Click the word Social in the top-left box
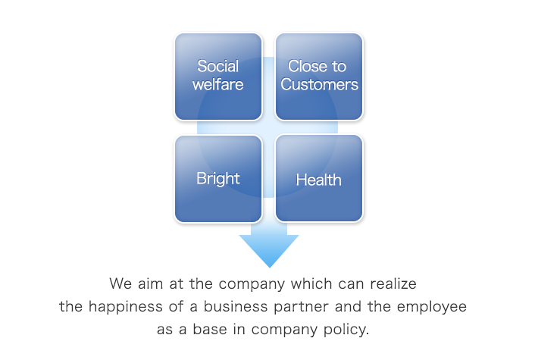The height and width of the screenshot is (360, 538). click(218, 66)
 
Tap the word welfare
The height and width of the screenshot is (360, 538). click(218, 84)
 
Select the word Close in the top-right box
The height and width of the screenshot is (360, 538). click(306, 66)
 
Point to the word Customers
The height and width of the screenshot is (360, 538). click(320, 84)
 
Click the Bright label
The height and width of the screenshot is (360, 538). click(218, 179)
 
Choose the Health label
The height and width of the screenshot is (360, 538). click(319, 180)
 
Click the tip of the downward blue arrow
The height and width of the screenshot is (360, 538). click(270, 268)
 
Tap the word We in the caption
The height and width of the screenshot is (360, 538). click(120, 283)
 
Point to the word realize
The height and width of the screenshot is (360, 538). click(393, 283)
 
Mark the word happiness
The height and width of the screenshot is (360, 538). click(125, 306)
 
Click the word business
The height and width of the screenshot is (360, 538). click(236, 306)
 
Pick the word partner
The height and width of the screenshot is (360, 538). click(301, 307)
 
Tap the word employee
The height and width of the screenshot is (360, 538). click(432, 307)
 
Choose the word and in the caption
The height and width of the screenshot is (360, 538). click(348, 306)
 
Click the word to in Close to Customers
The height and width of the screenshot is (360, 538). click(339, 67)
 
